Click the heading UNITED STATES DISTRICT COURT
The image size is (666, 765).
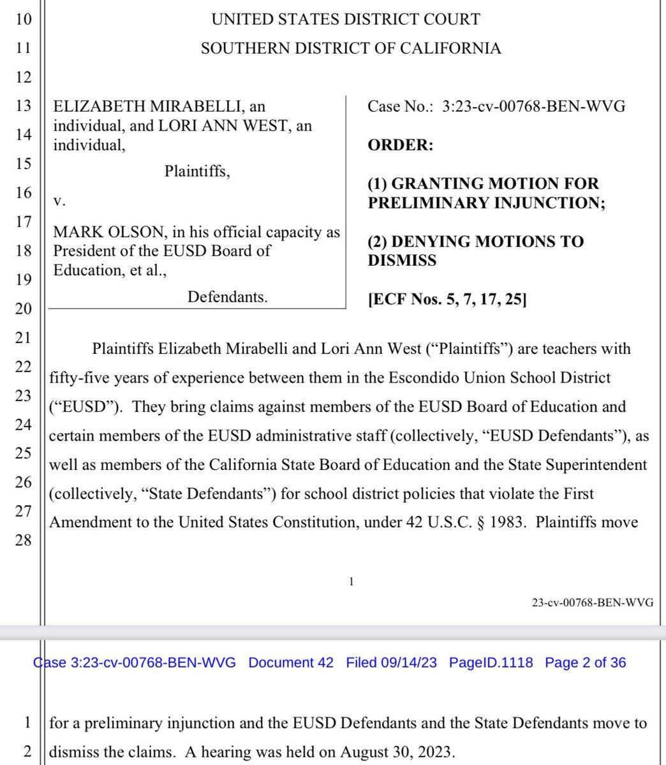[x=345, y=20]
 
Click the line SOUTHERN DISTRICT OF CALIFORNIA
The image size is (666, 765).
[x=351, y=49]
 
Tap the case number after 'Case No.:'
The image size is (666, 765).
[x=533, y=106]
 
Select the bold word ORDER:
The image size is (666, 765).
[x=400, y=145]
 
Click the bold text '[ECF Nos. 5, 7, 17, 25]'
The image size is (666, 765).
[x=447, y=300]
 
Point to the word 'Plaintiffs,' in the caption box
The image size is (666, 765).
[x=197, y=171]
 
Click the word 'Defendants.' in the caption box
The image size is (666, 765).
[x=227, y=296]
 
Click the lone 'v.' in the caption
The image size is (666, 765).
[x=59, y=201]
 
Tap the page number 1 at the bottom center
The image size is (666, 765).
[x=351, y=581]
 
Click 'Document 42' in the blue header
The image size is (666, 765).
[x=291, y=662]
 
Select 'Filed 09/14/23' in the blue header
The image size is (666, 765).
[x=391, y=662]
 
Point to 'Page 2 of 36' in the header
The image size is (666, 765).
[x=585, y=662]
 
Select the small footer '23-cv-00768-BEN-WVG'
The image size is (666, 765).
[x=593, y=602]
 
